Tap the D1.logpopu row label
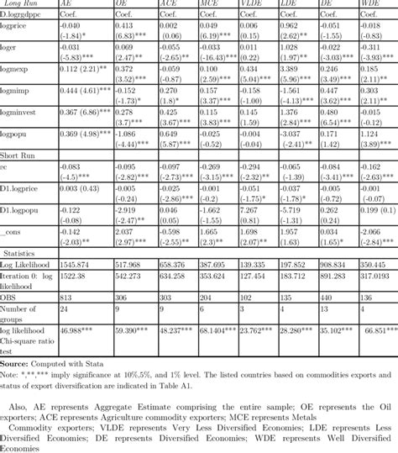tap(22, 211)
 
